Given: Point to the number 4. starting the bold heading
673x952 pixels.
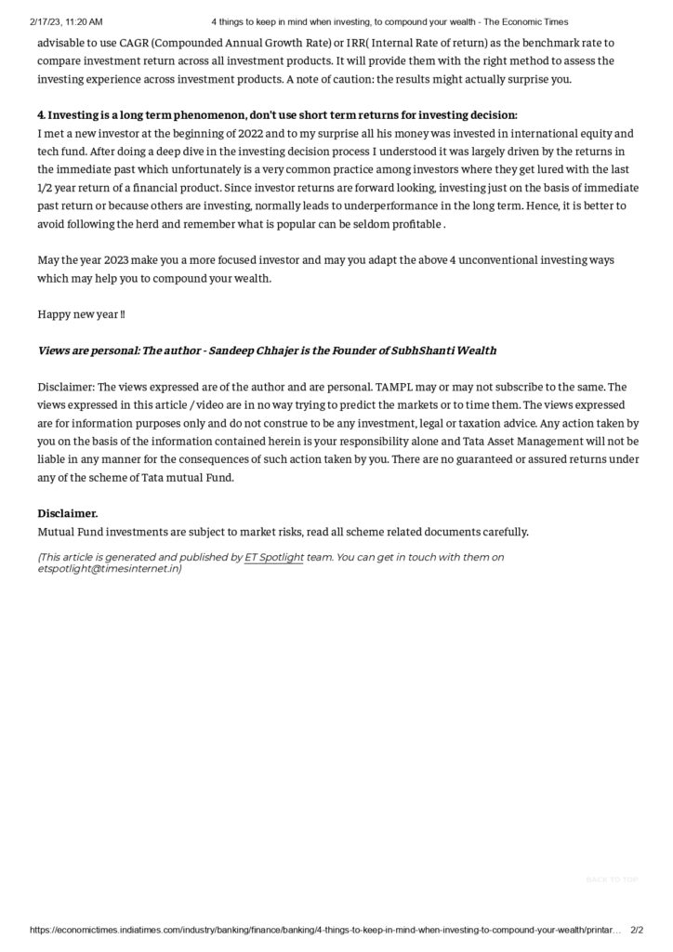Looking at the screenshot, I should (42, 115).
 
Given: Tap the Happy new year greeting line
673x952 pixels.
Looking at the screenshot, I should (82, 314).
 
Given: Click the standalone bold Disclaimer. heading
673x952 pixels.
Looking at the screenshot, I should (68, 513).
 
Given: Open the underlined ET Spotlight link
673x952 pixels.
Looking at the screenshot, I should (274, 557).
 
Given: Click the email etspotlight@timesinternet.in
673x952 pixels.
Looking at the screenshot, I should (109, 568).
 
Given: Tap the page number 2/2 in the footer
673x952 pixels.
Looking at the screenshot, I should (637, 929).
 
